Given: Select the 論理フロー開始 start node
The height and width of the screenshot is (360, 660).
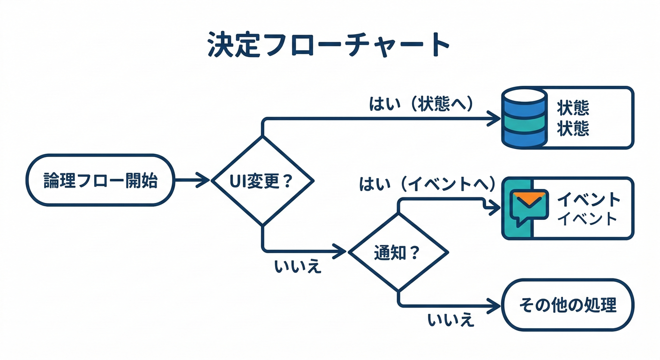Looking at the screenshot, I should pyautogui.click(x=101, y=180).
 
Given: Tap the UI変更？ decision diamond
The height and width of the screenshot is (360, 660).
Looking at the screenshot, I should pyautogui.click(x=262, y=180).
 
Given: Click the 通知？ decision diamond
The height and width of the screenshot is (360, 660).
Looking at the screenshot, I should pyautogui.click(x=398, y=253).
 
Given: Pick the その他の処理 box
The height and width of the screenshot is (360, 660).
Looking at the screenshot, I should pyautogui.click(x=568, y=305).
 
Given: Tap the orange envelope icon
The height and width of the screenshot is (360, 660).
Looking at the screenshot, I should pyautogui.click(x=530, y=199).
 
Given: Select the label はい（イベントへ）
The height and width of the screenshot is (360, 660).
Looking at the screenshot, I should pyautogui.click(x=427, y=184).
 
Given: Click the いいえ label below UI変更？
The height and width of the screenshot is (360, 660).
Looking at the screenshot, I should pyautogui.click(x=298, y=267).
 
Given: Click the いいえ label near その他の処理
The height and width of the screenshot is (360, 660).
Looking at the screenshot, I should pyautogui.click(x=450, y=321).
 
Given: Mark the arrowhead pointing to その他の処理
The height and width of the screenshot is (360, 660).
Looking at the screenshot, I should pyautogui.click(x=495, y=306).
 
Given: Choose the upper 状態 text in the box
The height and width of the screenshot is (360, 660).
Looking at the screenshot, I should pyautogui.click(x=573, y=108).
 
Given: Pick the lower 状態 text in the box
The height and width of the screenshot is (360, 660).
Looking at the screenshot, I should pyautogui.click(x=573, y=128).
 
